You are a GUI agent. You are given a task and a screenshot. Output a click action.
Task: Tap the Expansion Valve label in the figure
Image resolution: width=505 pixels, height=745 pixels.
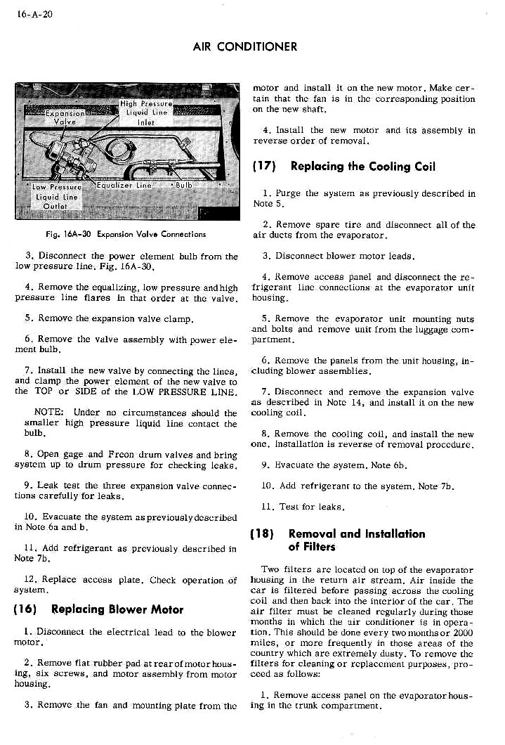coord(65,116)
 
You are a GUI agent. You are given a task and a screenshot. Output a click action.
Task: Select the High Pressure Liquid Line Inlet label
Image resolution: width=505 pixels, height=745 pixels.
coord(146,111)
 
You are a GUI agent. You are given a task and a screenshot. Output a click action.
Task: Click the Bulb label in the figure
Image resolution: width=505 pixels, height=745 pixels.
coord(183,186)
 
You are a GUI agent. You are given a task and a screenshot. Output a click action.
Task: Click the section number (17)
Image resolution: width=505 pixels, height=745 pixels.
coord(265,167)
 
